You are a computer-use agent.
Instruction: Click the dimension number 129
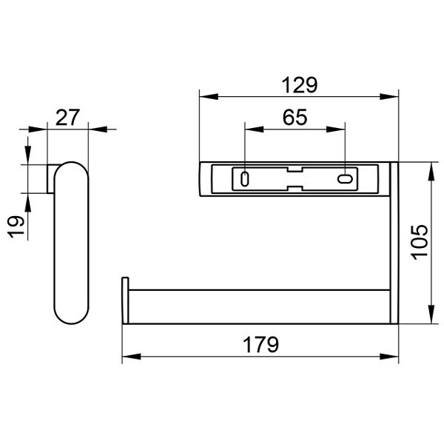coord(300,85)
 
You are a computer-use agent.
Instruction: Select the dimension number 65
coord(295,117)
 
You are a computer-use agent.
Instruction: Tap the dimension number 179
coord(260,345)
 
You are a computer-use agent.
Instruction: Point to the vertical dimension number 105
coord(420,242)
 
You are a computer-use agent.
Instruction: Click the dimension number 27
coord(67,118)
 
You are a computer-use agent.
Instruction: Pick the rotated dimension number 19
coord(16,226)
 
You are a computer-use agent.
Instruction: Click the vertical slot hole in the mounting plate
coord(245,179)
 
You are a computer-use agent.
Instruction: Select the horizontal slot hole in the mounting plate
coord(345,179)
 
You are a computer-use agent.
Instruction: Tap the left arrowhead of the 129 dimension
coord(209,96)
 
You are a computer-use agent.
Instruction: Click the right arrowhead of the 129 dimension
coord(389,96)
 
